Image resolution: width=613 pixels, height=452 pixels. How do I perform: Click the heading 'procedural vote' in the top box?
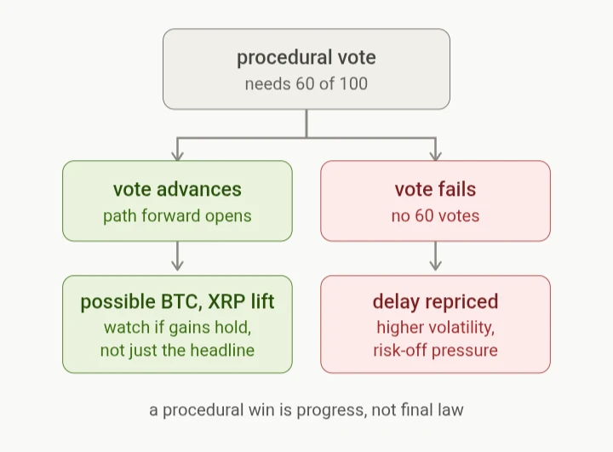(x=306, y=58)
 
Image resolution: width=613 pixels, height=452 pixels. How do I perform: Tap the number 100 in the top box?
(x=353, y=83)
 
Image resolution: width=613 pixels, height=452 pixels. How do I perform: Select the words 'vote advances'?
(x=177, y=189)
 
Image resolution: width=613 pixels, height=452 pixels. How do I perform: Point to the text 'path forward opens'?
(x=177, y=216)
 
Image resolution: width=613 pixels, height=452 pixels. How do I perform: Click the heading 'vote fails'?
(x=435, y=189)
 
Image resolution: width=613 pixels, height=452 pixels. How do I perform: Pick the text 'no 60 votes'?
(x=435, y=216)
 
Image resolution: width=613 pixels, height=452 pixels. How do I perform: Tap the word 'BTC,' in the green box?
(x=181, y=301)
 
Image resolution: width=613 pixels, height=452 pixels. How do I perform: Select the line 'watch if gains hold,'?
(x=177, y=327)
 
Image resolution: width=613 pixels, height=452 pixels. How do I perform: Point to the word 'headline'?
(x=222, y=351)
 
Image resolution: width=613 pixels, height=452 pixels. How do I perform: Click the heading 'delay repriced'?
(x=435, y=301)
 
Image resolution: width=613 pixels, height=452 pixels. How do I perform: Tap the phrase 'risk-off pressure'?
(x=435, y=351)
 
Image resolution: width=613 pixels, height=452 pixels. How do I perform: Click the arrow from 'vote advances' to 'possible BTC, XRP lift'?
(x=177, y=255)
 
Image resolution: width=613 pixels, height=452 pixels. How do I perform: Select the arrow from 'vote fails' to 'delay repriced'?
(x=436, y=255)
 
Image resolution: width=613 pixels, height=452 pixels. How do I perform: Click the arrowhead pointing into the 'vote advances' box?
(x=177, y=156)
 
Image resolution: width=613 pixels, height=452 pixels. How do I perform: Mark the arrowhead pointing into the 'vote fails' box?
(x=436, y=156)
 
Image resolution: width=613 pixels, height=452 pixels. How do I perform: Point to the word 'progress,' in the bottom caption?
(x=332, y=410)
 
